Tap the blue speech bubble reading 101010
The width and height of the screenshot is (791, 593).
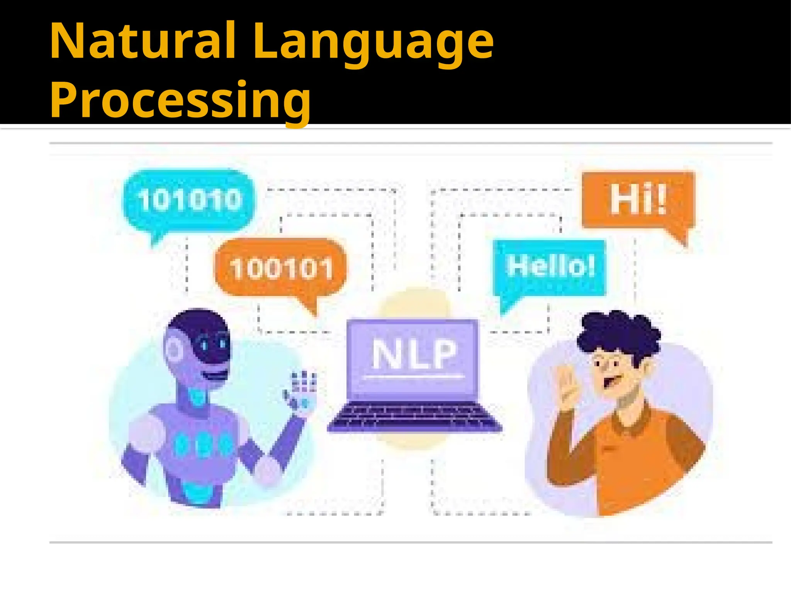(189, 200)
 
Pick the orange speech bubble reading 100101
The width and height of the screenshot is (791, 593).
(281, 268)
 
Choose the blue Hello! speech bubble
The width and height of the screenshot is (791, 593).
(550, 266)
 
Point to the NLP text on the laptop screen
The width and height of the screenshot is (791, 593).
(414, 353)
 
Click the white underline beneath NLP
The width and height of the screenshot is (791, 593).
(414, 376)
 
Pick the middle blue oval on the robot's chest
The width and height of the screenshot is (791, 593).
(204, 444)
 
